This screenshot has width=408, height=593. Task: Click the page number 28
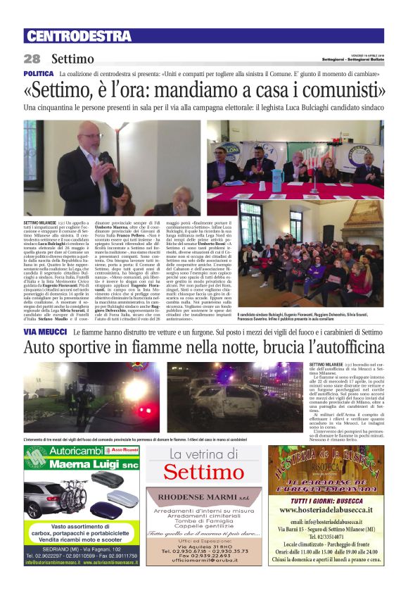[32, 58]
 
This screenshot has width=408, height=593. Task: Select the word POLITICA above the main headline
[39, 74]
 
